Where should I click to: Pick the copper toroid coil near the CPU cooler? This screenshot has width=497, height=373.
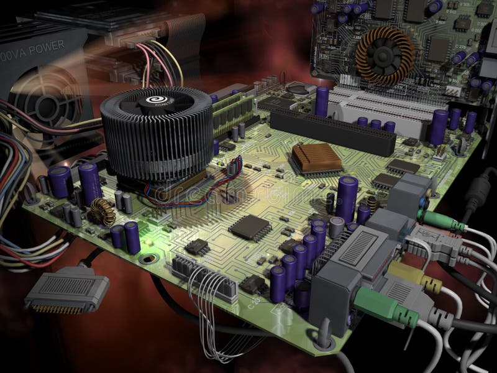98,212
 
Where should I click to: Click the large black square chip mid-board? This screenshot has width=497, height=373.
250,227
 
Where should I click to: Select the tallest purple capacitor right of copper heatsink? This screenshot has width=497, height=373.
347,198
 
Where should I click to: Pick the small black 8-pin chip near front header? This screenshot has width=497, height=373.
196,246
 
